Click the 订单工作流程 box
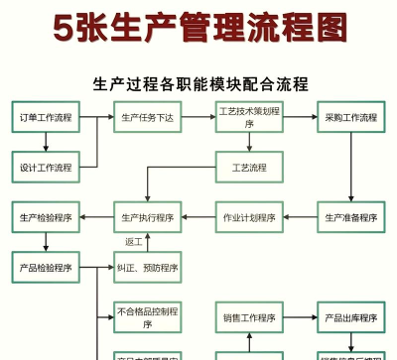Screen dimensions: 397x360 coord(46,117)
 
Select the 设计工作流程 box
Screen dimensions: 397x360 coord(46,167)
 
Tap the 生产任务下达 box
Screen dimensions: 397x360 coord(148,117)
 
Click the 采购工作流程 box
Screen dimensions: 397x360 coord(350,117)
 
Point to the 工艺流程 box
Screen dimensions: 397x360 coord(249,167)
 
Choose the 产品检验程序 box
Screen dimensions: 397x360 coord(46,268)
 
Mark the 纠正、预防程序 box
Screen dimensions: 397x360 coord(148,268)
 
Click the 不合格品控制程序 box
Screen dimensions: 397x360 coord(148,317)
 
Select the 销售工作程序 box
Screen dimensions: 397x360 coord(249,317)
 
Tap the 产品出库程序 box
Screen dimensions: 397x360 coord(350,317)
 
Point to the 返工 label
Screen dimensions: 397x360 coord(133,242)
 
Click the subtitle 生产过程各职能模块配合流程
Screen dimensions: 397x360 coord(199,83)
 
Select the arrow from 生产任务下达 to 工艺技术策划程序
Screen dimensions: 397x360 coord(198,117)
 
